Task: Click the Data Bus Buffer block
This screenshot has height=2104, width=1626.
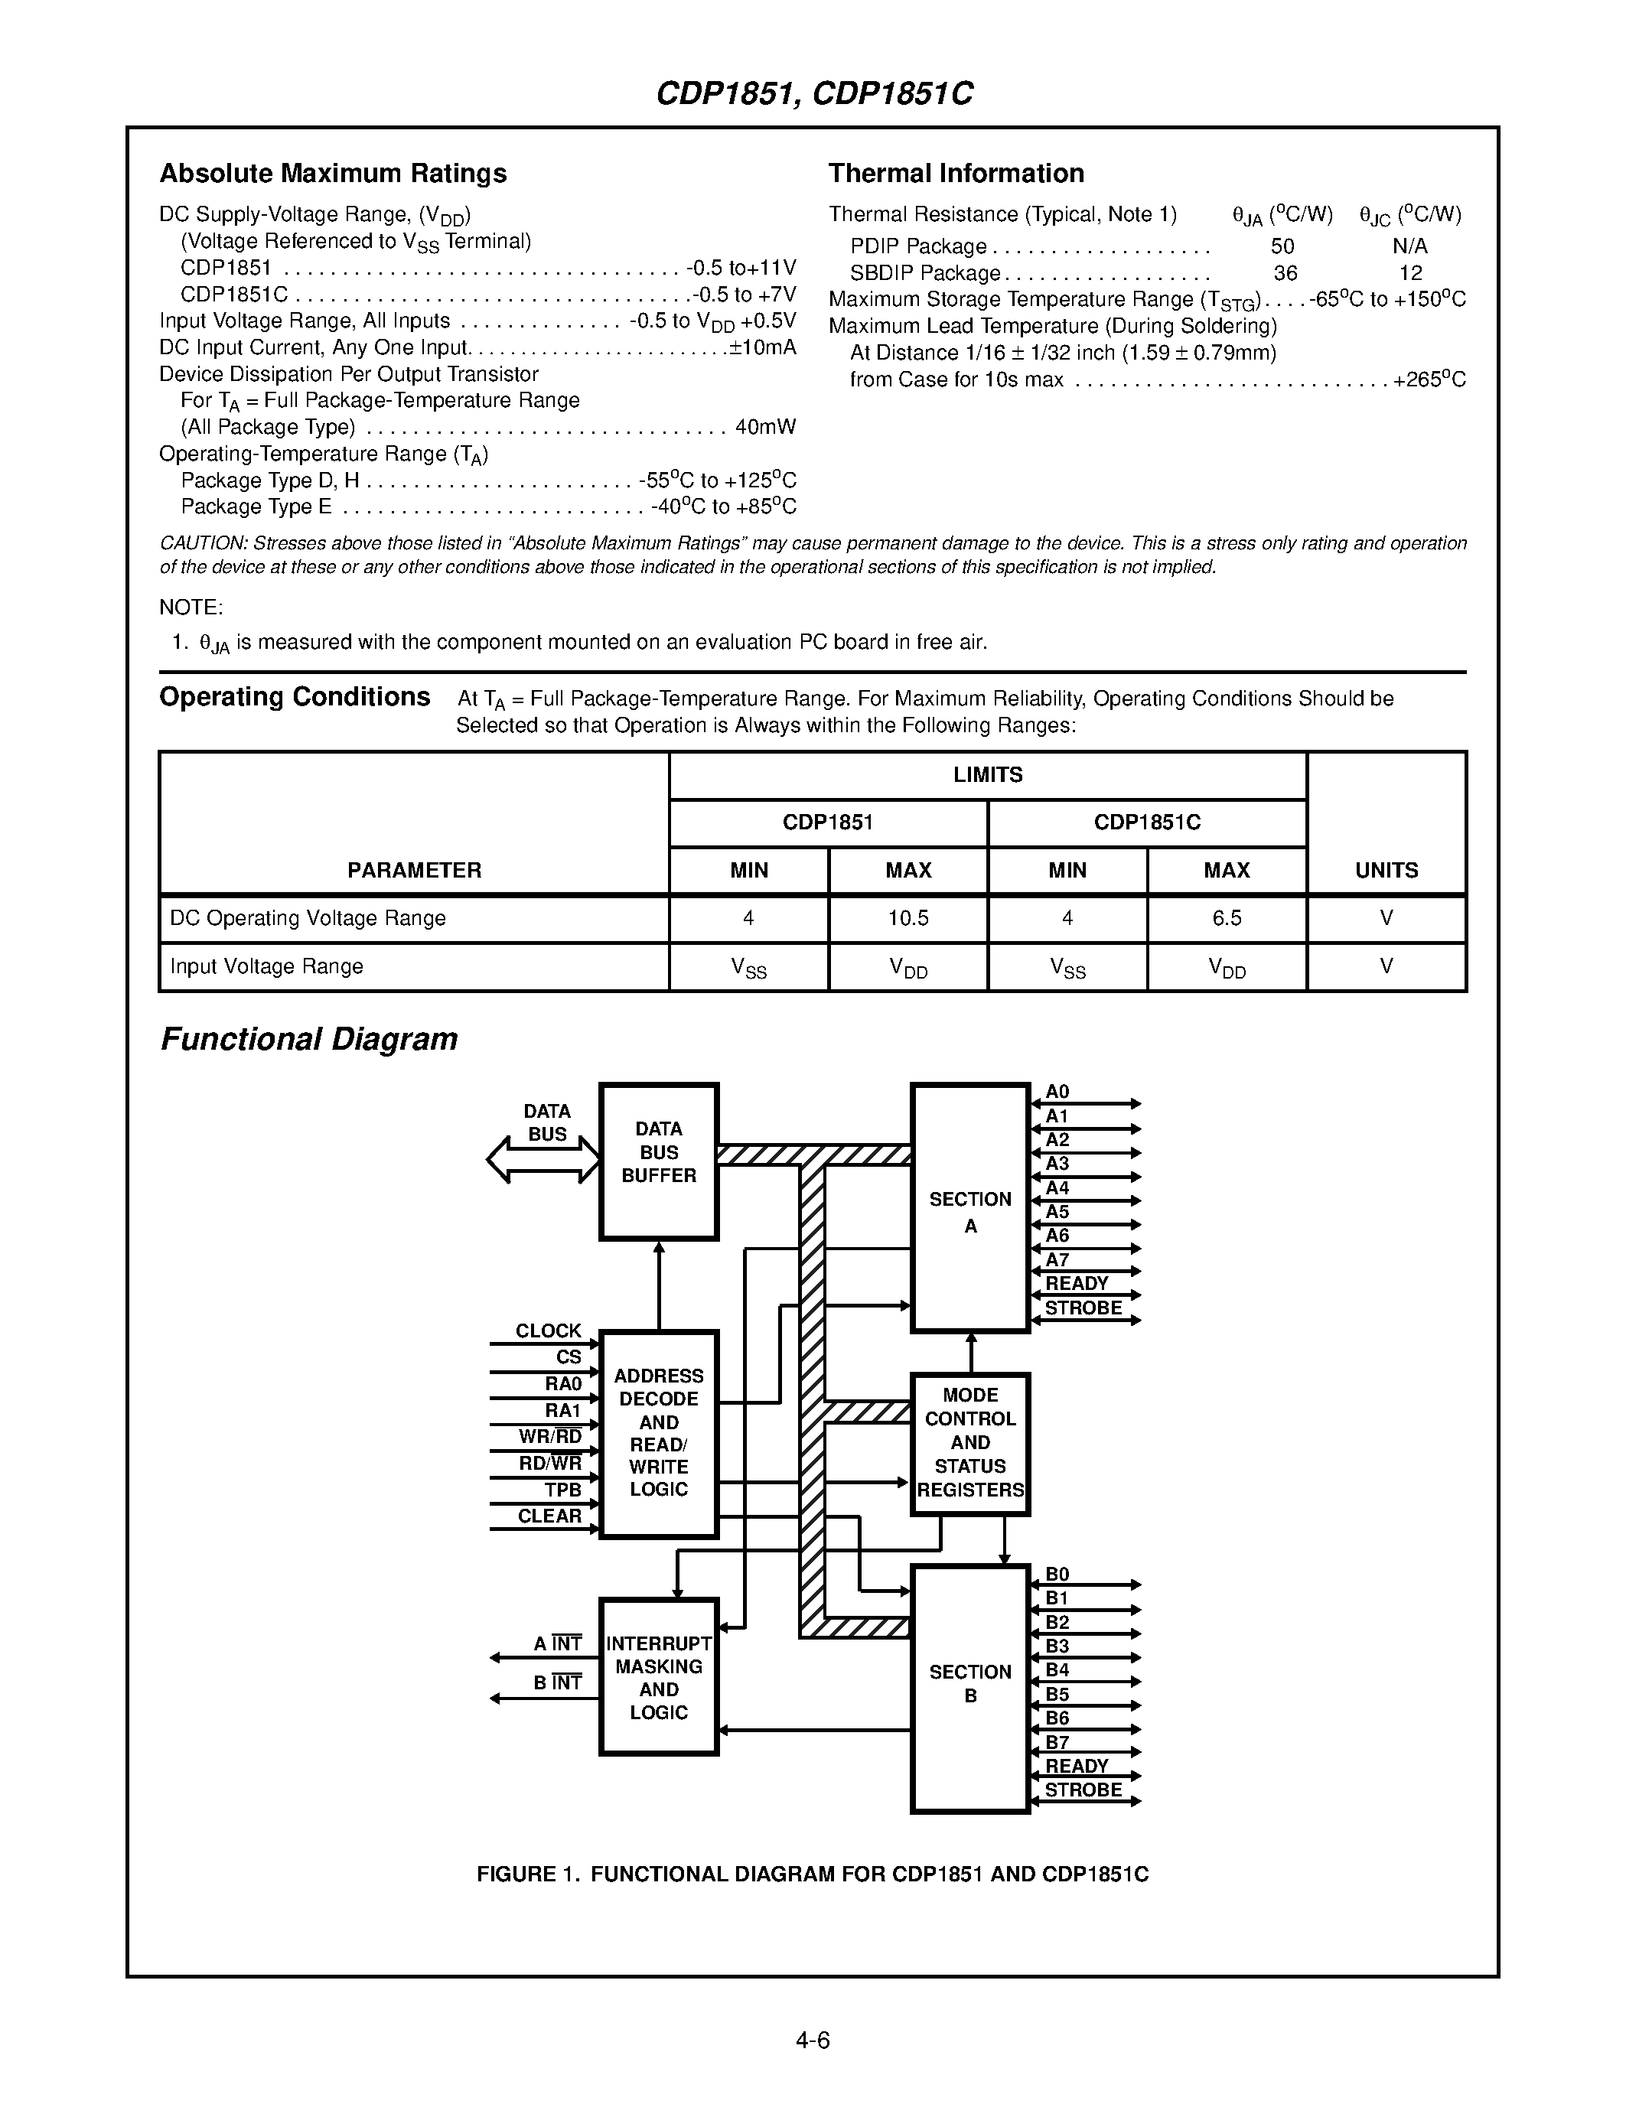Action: (659, 1161)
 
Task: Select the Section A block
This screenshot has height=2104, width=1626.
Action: (970, 1209)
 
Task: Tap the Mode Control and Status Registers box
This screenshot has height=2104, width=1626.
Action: (970, 1443)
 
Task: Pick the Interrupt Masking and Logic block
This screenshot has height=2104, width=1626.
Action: (659, 1677)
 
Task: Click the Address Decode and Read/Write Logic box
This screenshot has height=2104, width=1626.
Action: (659, 1432)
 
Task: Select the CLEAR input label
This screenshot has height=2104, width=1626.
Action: (549, 1516)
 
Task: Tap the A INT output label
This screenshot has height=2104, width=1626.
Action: (558, 1643)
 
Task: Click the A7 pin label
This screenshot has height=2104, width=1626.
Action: (1057, 1260)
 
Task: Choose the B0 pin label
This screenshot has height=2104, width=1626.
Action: (1057, 1574)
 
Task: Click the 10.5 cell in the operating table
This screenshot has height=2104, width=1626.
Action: (908, 918)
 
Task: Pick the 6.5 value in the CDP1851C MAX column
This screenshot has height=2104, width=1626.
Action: (1227, 918)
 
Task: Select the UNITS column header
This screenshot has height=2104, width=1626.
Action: (1386, 870)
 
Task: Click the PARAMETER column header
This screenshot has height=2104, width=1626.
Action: (414, 870)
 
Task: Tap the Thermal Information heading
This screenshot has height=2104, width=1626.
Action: (956, 174)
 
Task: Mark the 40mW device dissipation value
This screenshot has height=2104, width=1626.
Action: (766, 427)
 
